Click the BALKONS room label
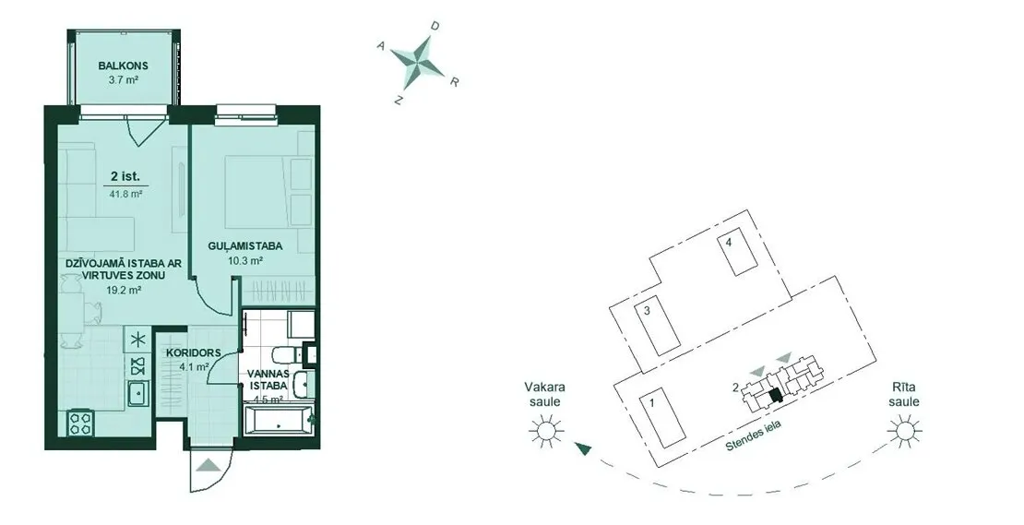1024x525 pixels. [124, 66]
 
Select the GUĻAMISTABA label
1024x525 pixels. [245, 246]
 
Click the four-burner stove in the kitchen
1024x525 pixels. [81, 422]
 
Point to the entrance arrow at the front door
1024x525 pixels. [208, 466]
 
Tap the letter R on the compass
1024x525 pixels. [455, 81]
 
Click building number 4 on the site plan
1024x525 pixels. [738, 253]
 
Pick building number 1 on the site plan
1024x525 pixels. [662, 421]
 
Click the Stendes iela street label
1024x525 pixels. [754, 437]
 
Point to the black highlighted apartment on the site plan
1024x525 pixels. [775, 395]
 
